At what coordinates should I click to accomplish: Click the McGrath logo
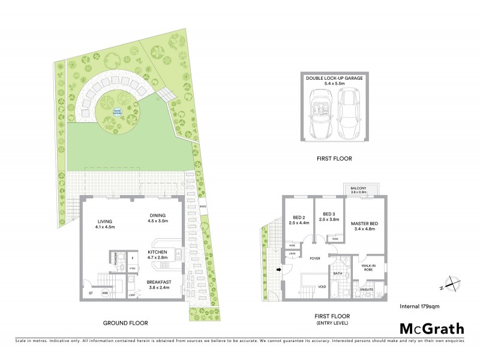[431, 328]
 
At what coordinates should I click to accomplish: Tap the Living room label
[104, 224]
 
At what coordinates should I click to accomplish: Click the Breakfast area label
[159, 284]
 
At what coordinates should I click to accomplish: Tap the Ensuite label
[367, 290]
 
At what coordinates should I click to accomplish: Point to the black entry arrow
[278, 269]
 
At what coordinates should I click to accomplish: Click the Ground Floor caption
[125, 323]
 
